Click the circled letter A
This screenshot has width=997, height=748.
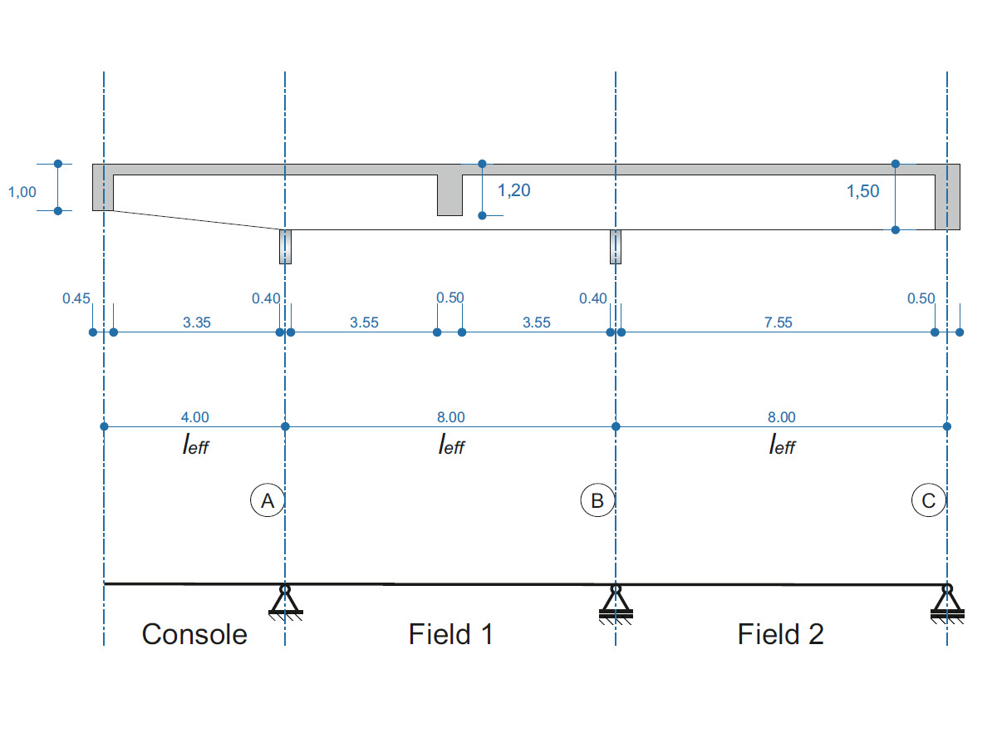(268, 501)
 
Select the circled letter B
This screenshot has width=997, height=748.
(597, 501)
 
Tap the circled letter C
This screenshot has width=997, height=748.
(928, 501)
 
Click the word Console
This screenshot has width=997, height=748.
(194, 634)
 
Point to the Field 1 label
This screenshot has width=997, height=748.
(451, 634)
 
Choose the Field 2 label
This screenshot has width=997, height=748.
(781, 634)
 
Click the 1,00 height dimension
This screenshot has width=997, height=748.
(22, 192)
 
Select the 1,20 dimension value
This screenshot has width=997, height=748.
(513, 190)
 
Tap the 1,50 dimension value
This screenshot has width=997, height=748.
(862, 192)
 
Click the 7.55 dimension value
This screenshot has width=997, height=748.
(778, 322)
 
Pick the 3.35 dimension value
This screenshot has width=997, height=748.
(196, 322)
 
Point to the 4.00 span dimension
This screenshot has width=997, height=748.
(195, 417)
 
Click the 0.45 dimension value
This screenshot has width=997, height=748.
(76, 298)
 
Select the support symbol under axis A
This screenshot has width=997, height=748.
(285, 601)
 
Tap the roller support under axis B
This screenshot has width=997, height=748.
(616, 602)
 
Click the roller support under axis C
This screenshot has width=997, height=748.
(947, 602)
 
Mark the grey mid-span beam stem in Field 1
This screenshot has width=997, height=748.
(449, 195)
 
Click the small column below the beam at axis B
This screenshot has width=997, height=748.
(616, 247)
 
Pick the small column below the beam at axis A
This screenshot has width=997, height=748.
(285, 247)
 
